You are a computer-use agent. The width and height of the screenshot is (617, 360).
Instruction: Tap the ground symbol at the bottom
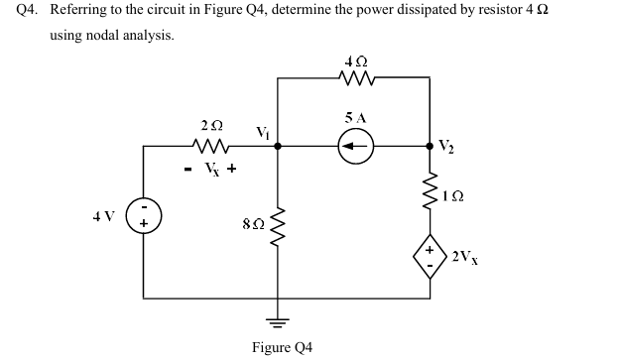pyautogui.click(x=277, y=323)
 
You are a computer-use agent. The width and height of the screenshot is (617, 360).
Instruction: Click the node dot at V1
pyautogui.click(x=277, y=147)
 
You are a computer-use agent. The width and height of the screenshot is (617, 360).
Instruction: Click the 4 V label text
pyautogui.click(x=103, y=215)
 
